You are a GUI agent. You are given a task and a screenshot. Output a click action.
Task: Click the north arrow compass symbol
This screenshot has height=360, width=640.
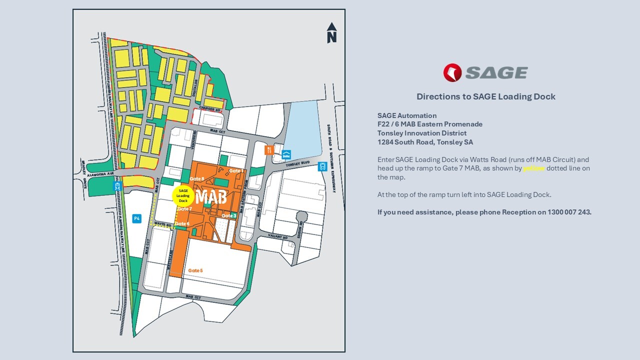(x=332, y=33)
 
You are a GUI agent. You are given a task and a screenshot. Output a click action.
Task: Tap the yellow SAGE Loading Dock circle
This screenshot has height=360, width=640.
(x=183, y=195)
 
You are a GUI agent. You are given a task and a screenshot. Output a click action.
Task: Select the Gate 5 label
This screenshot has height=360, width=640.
(x=195, y=270)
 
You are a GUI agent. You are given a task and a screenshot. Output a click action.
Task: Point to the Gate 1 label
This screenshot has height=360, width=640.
(x=236, y=171)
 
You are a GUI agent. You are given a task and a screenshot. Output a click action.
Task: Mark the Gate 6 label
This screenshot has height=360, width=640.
(x=182, y=223)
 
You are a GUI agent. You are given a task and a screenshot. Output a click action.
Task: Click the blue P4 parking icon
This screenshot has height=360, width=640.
(x=136, y=218)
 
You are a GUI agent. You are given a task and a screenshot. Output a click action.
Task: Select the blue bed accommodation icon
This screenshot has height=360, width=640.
(x=286, y=154)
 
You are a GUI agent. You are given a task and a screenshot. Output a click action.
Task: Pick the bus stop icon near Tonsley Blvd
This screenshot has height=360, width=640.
(x=322, y=166)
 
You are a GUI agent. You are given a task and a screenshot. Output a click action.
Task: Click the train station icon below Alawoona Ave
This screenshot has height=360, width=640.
(x=117, y=186)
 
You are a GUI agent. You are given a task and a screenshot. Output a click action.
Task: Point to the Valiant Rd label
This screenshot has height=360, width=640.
(x=275, y=235)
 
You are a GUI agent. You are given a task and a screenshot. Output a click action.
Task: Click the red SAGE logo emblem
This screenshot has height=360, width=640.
(x=452, y=73)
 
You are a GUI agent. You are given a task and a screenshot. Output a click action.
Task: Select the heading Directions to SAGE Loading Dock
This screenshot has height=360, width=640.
(x=485, y=96)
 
